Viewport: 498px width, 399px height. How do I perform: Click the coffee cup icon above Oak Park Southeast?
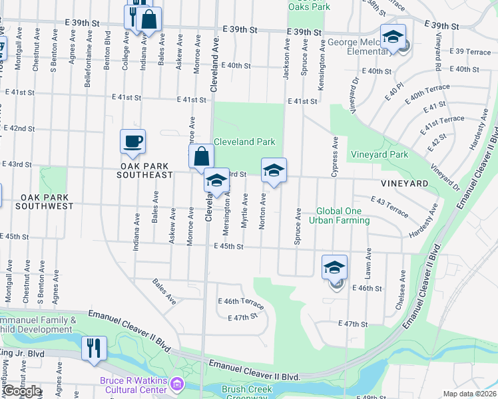click(132, 141)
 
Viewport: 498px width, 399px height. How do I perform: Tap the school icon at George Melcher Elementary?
click(393, 37)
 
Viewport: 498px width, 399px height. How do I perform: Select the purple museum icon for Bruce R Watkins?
click(176, 383)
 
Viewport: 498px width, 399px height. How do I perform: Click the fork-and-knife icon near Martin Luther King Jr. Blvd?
click(94, 348)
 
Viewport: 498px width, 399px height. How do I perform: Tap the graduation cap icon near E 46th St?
click(334, 268)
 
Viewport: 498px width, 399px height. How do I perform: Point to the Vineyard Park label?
click(379, 154)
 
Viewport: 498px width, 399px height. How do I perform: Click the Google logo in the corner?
click(21, 390)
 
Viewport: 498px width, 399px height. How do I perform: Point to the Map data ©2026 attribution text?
click(469, 394)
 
